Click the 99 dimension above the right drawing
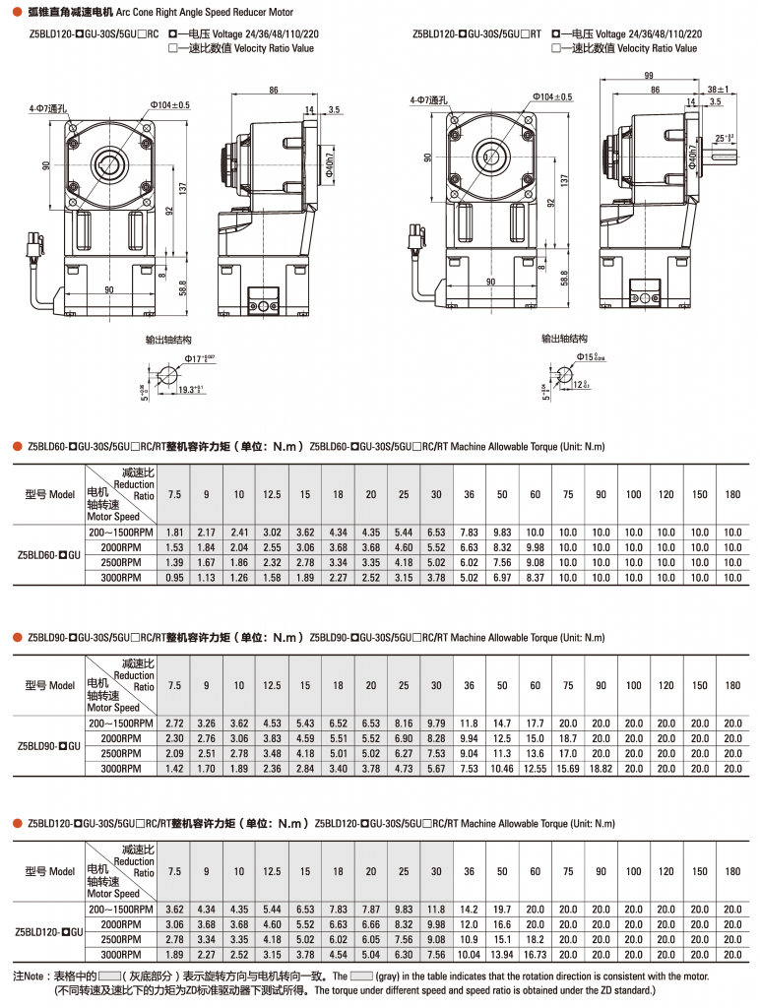click(x=648, y=76)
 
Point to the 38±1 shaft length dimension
click(x=717, y=90)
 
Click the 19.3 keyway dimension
click(x=190, y=390)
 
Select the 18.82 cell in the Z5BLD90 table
click(x=601, y=768)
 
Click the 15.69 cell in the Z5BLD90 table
click(x=568, y=768)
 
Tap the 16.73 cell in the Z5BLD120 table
click(x=535, y=954)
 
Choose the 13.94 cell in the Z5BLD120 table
click(x=502, y=954)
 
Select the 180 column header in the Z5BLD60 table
click(x=732, y=494)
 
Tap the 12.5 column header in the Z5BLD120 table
click(x=272, y=871)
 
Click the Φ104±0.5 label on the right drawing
click(x=552, y=96)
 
